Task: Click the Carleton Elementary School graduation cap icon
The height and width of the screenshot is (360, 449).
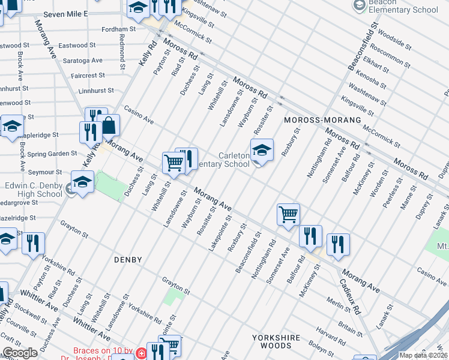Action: point(262,151)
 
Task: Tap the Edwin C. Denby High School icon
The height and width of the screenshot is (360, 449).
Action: point(82,182)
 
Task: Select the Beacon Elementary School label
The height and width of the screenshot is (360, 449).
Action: point(403,7)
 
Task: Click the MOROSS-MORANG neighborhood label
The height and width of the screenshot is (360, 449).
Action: point(322,120)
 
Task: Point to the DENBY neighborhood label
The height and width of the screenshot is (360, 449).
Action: point(128,260)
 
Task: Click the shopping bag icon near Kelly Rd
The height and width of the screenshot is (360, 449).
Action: point(109,125)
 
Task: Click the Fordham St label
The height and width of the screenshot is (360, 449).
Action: point(119,29)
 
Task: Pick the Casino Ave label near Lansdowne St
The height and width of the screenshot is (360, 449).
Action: point(139,116)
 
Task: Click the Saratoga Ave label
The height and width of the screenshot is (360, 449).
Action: point(85,61)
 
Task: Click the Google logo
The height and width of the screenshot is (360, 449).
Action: point(20,353)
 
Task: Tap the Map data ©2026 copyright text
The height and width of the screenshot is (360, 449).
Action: point(423,355)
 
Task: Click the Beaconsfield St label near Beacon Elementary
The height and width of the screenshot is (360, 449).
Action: point(360,43)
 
